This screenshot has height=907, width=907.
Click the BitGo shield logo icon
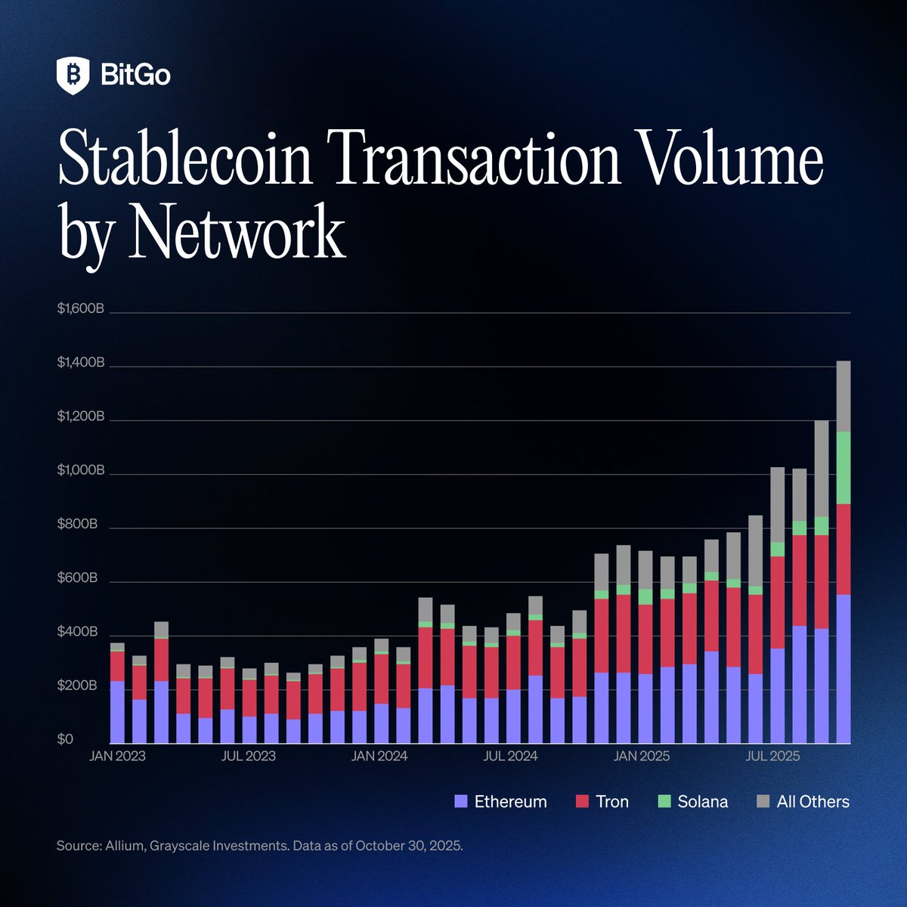pos(73,76)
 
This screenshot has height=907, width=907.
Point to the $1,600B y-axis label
pos(80,309)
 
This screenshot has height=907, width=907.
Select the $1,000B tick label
pos(80,471)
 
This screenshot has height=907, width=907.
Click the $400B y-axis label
pos(77,632)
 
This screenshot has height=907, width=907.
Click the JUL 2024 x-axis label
pos(510,756)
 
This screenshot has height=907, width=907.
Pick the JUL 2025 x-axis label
pos(772,756)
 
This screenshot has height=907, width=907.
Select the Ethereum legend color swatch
pos(461,802)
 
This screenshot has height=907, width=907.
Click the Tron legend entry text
pos(612,802)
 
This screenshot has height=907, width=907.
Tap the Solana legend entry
pos(702,802)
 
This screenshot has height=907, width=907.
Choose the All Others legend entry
pos(813,802)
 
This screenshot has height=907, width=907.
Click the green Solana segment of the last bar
pos(844,467)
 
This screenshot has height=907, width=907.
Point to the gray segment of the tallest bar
pos(844,396)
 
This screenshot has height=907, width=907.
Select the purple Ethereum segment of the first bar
pos(117,712)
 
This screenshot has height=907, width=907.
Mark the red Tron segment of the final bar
pos(844,549)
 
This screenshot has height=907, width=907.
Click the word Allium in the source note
pos(122,845)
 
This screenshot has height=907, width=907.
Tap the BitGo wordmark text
pos(135,76)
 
